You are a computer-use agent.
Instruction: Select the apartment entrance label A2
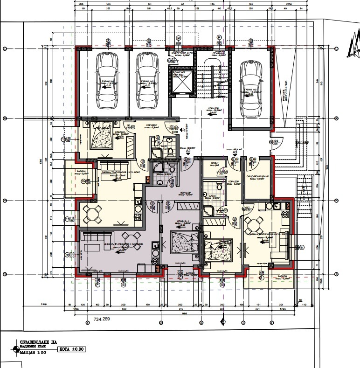189,152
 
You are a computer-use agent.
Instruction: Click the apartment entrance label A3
235,152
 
